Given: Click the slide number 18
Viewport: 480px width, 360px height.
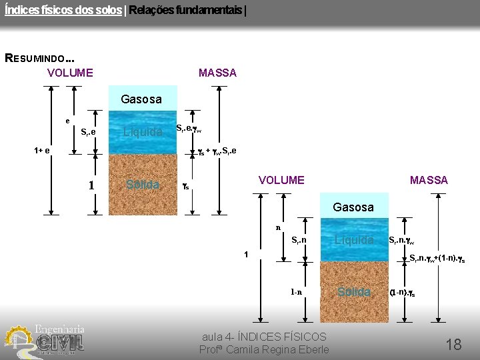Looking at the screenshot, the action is (453, 344).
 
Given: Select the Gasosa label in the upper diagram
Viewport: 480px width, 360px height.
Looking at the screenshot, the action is (141, 99).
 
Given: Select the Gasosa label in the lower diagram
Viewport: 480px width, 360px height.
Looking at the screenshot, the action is (353, 207).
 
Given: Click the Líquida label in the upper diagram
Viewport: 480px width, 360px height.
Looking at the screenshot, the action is (143, 132).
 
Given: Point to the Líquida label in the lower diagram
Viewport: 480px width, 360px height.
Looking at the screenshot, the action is (354, 240).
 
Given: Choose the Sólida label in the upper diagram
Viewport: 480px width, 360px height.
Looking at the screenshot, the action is (143, 184).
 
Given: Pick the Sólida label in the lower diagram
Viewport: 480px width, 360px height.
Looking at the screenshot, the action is (354, 292).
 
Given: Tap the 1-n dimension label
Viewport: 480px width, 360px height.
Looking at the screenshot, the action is (296, 292).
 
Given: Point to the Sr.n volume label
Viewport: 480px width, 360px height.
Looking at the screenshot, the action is (299, 240).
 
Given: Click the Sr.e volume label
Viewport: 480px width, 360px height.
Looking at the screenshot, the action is (88, 132).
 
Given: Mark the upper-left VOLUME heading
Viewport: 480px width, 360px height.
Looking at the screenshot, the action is (70, 73).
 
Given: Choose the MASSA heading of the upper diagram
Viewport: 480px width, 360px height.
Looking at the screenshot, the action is (217, 73).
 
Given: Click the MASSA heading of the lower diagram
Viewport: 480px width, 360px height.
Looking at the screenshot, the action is (429, 180).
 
